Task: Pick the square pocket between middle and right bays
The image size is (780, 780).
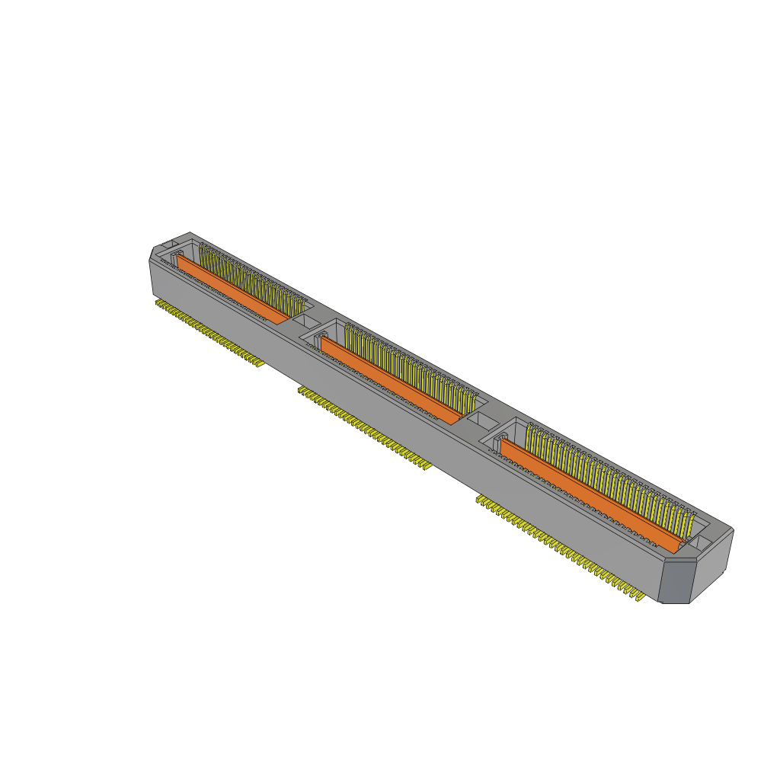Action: pos(479,418)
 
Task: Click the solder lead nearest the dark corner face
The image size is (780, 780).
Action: pos(638,598)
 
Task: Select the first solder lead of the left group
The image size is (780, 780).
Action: pos(158,303)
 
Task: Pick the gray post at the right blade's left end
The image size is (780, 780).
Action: pos(503,440)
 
